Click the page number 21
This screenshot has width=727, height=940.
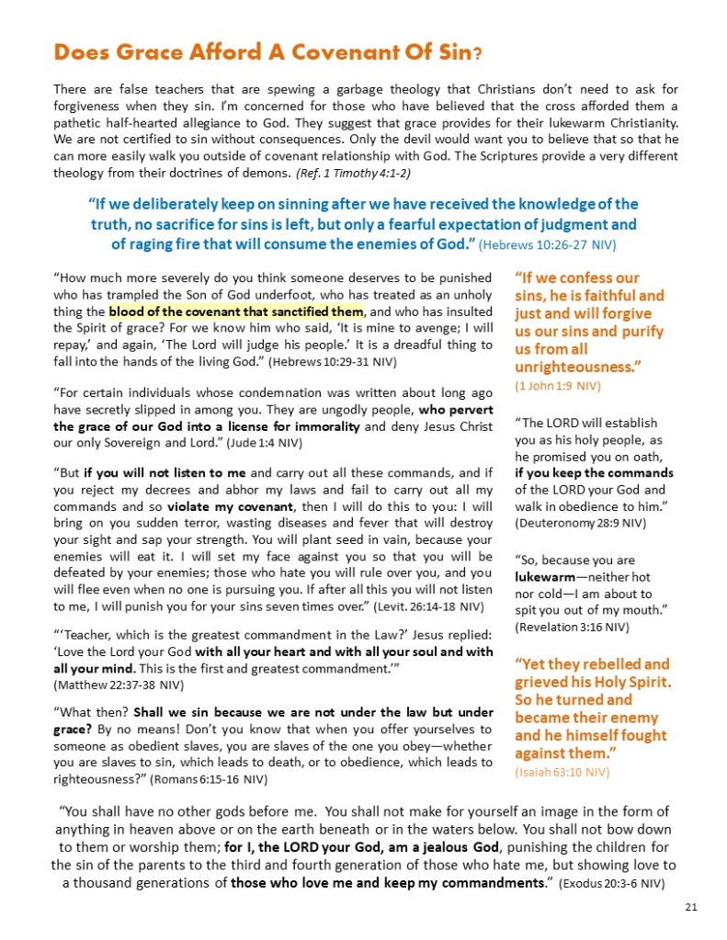(x=690, y=908)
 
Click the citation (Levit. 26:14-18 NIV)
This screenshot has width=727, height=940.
(x=431, y=606)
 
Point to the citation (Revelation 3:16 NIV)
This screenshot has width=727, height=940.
(x=572, y=627)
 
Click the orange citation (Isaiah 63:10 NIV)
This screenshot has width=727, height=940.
(x=562, y=772)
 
